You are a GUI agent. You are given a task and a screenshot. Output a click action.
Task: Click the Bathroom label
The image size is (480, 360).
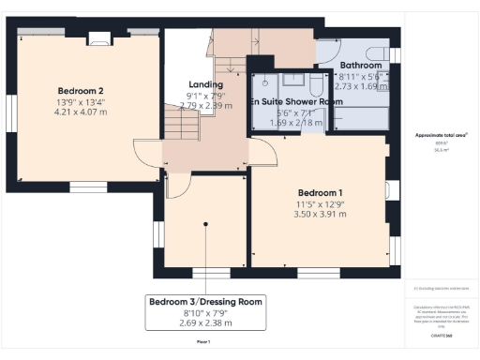(360, 65)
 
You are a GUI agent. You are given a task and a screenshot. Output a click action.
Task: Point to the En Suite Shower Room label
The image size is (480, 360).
(292, 100)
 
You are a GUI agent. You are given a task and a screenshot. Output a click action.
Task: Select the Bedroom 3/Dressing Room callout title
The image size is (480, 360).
(206, 301)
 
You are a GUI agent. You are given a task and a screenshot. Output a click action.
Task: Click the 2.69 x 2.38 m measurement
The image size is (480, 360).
(206, 323)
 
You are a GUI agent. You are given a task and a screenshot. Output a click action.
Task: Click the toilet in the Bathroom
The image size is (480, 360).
(378, 51)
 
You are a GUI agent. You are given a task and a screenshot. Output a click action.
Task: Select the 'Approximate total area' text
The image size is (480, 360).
(441, 135)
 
